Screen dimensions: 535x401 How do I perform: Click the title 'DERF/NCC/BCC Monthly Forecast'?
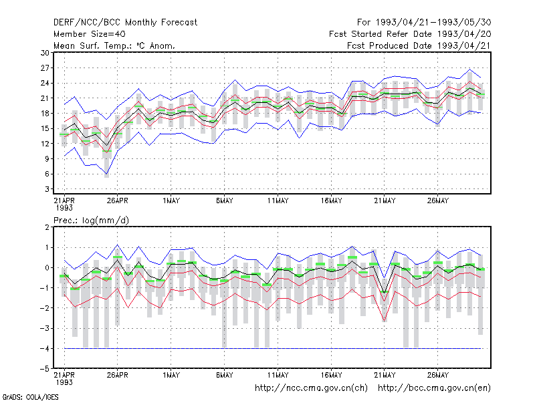click(x=125, y=23)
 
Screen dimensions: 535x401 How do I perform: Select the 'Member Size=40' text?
click(x=90, y=34)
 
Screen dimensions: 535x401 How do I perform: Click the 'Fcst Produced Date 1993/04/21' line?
click(x=419, y=45)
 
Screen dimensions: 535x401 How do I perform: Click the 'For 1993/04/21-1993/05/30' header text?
click(x=424, y=23)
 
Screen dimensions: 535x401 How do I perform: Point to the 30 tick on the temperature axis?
click(x=45, y=53)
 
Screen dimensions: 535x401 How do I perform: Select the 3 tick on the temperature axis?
click(x=47, y=189)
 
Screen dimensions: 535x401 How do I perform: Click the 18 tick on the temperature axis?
click(x=45, y=113)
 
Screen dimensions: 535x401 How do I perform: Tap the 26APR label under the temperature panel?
click(x=118, y=200)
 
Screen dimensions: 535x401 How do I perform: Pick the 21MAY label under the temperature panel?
click(x=385, y=200)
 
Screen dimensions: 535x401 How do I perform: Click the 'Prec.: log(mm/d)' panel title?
click(x=91, y=221)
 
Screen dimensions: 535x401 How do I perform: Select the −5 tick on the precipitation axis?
click(x=44, y=369)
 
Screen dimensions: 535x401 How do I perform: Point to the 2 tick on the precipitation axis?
click(x=47, y=227)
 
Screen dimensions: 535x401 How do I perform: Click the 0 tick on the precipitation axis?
click(x=47, y=268)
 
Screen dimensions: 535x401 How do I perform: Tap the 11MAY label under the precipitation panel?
click(x=278, y=375)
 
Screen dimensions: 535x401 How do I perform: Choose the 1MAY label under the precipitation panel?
click(x=171, y=375)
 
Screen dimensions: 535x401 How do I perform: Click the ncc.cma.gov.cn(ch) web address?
click(x=311, y=388)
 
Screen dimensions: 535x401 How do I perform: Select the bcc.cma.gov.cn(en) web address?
click(x=434, y=388)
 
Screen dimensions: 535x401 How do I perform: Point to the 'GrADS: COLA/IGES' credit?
click(x=30, y=397)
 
